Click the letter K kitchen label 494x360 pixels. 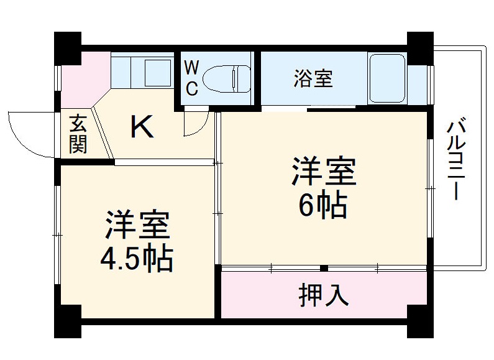tap(142, 127)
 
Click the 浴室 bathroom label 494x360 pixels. tap(313, 79)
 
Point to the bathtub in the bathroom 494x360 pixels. tap(387, 79)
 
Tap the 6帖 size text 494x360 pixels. tap(323, 205)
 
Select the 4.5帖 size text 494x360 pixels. tap(136, 258)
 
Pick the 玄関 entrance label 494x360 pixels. tap(78, 134)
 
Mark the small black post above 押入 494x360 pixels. tap(324, 269)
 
